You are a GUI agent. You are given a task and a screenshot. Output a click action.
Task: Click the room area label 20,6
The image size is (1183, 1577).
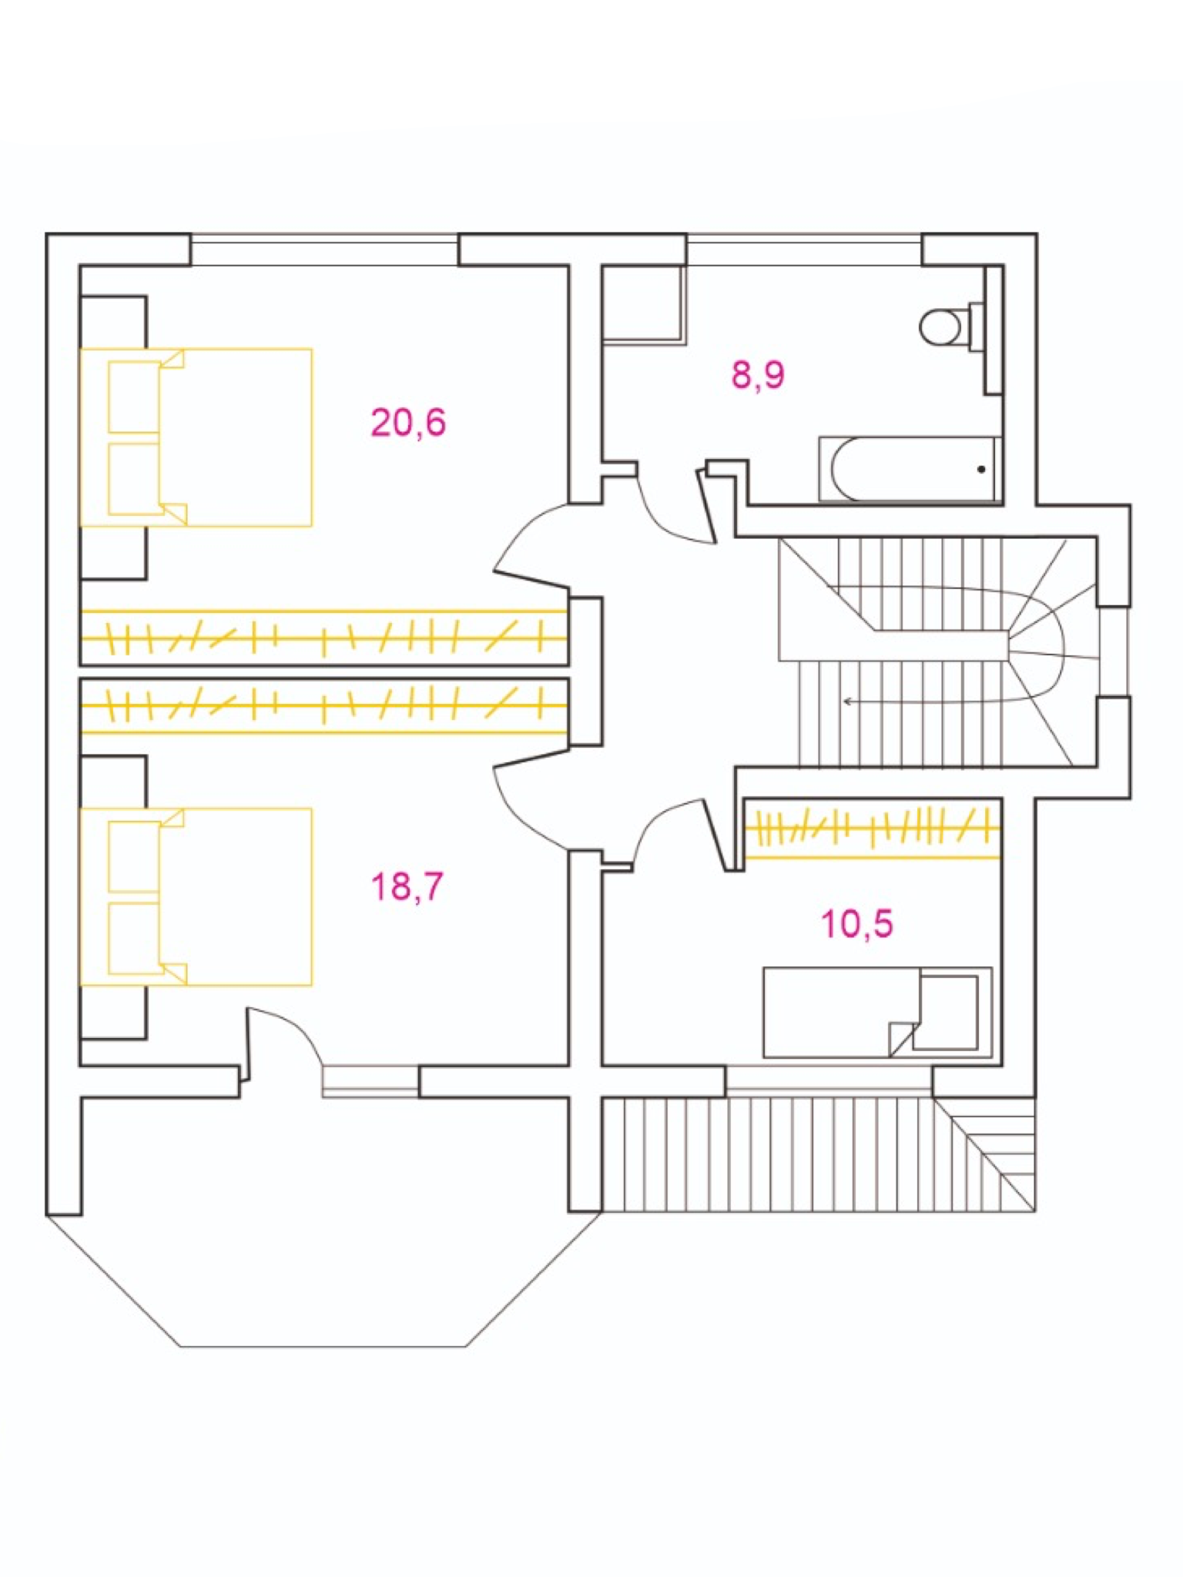tap(408, 423)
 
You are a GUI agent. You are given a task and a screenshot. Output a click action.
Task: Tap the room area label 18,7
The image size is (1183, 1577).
tap(407, 886)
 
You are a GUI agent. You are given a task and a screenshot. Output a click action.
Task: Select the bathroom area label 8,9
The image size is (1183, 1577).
tap(758, 375)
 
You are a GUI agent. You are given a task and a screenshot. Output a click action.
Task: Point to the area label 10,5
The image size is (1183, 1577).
tap(857, 923)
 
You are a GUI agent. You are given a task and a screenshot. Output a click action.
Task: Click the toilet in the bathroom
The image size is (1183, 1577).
tap(943, 326)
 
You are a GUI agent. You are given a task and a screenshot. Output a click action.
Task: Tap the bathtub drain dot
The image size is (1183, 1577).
tap(981, 469)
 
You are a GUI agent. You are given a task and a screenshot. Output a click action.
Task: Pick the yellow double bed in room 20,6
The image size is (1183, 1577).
tap(196, 437)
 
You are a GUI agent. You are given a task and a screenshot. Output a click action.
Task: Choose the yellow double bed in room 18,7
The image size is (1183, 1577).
tap(196, 896)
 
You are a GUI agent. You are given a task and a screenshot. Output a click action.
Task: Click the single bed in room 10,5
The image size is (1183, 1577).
tap(876, 1012)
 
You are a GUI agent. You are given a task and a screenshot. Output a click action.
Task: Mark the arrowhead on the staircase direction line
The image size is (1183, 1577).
tap(846, 701)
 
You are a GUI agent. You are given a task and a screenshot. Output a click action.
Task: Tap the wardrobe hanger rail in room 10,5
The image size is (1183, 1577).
tap(873, 829)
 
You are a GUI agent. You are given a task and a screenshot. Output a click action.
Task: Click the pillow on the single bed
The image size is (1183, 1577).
tap(949, 1012)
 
